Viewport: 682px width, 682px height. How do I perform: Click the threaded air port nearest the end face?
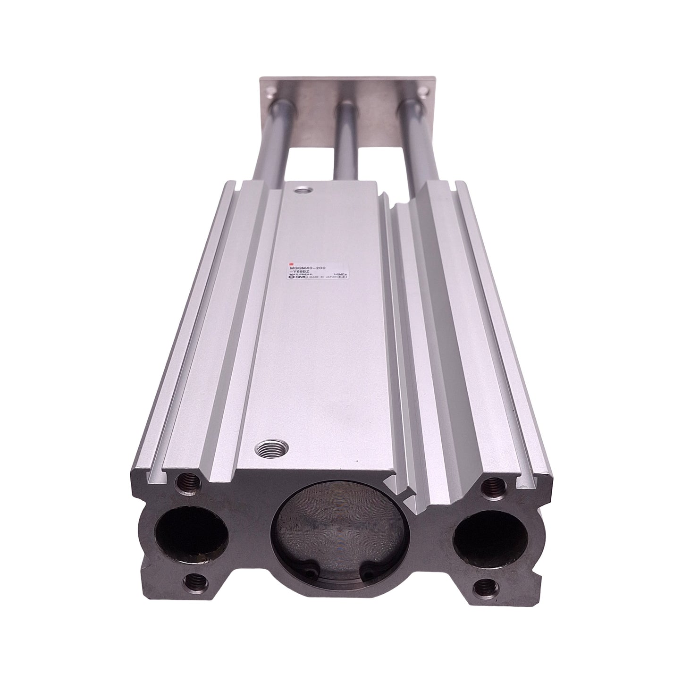tap(264, 448)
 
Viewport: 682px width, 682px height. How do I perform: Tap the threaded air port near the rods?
tap(299, 192)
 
